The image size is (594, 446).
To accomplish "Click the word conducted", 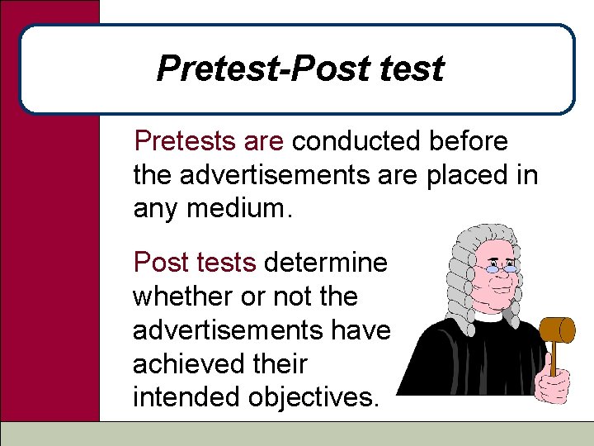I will (x=356, y=141).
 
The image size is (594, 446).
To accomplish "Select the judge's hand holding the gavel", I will (x=553, y=382).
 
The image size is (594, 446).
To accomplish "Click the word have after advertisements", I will (x=360, y=330).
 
